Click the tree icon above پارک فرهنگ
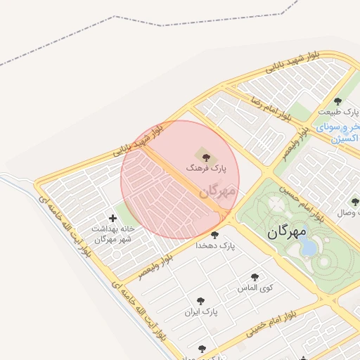click(x=205, y=157)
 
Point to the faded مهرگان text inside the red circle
click(x=218, y=190)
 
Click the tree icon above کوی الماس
click(x=255, y=277)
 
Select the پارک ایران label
click(x=202, y=311)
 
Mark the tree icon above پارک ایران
click(x=201, y=300)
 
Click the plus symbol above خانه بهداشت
click(x=112, y=219)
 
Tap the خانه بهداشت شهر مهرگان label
click(x=112, y=234)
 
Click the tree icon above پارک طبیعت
click(x=338, y=102)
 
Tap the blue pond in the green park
click(x=308, y=247)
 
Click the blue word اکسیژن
click(x=344, y=139)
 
